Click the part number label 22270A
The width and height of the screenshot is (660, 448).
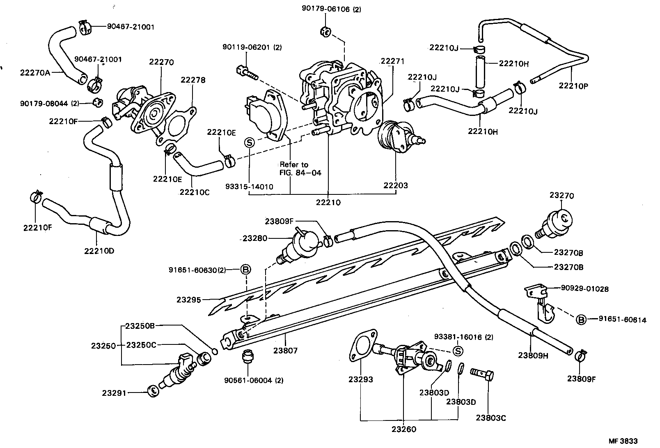pos(34,73)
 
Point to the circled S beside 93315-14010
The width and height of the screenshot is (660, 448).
pos(250,143)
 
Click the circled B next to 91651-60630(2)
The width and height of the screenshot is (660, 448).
pos(245,270)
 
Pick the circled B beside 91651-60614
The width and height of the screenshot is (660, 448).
pos(581,319)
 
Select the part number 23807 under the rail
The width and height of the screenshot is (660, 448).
pos(286,351)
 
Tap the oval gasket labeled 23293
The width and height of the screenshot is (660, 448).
pos(361,345)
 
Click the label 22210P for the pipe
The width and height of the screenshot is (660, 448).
pos(573,85)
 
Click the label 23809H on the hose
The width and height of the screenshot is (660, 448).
pos(533,356)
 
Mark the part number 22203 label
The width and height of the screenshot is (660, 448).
pos(396,185)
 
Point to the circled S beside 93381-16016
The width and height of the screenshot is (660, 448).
pos(458,351)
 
